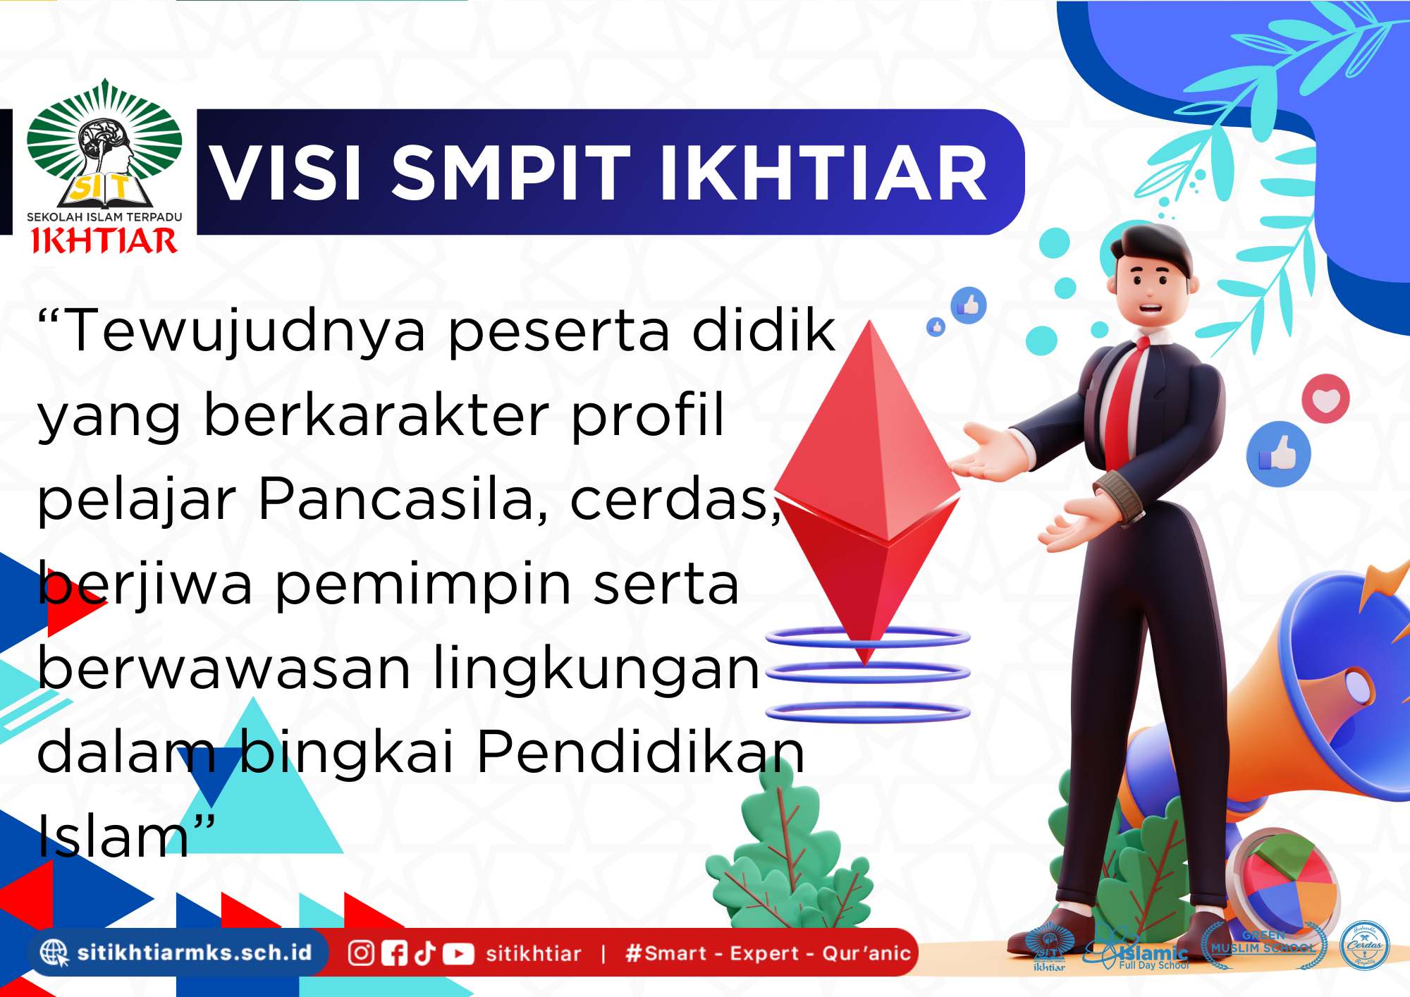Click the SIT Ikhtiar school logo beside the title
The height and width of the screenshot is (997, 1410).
[x=104, y=166]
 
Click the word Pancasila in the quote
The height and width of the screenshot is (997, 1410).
[x=403, y=499]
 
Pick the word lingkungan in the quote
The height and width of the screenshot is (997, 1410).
[x=596, y=668]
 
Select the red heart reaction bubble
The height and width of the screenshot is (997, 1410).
[x=1325, y=399]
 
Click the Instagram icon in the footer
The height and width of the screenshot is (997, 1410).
[x=361, y=953]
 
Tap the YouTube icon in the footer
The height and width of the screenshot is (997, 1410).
[x=458, y=954]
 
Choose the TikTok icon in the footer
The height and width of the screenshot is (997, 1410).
[x=425, y=953]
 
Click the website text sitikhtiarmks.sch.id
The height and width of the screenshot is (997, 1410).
[x=195, y=953]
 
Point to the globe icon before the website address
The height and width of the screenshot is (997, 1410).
[x=54, y=953]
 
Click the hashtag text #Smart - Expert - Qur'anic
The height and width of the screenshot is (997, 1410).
[x=768, y=954]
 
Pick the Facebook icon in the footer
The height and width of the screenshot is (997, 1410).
[x=394, y=954]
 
